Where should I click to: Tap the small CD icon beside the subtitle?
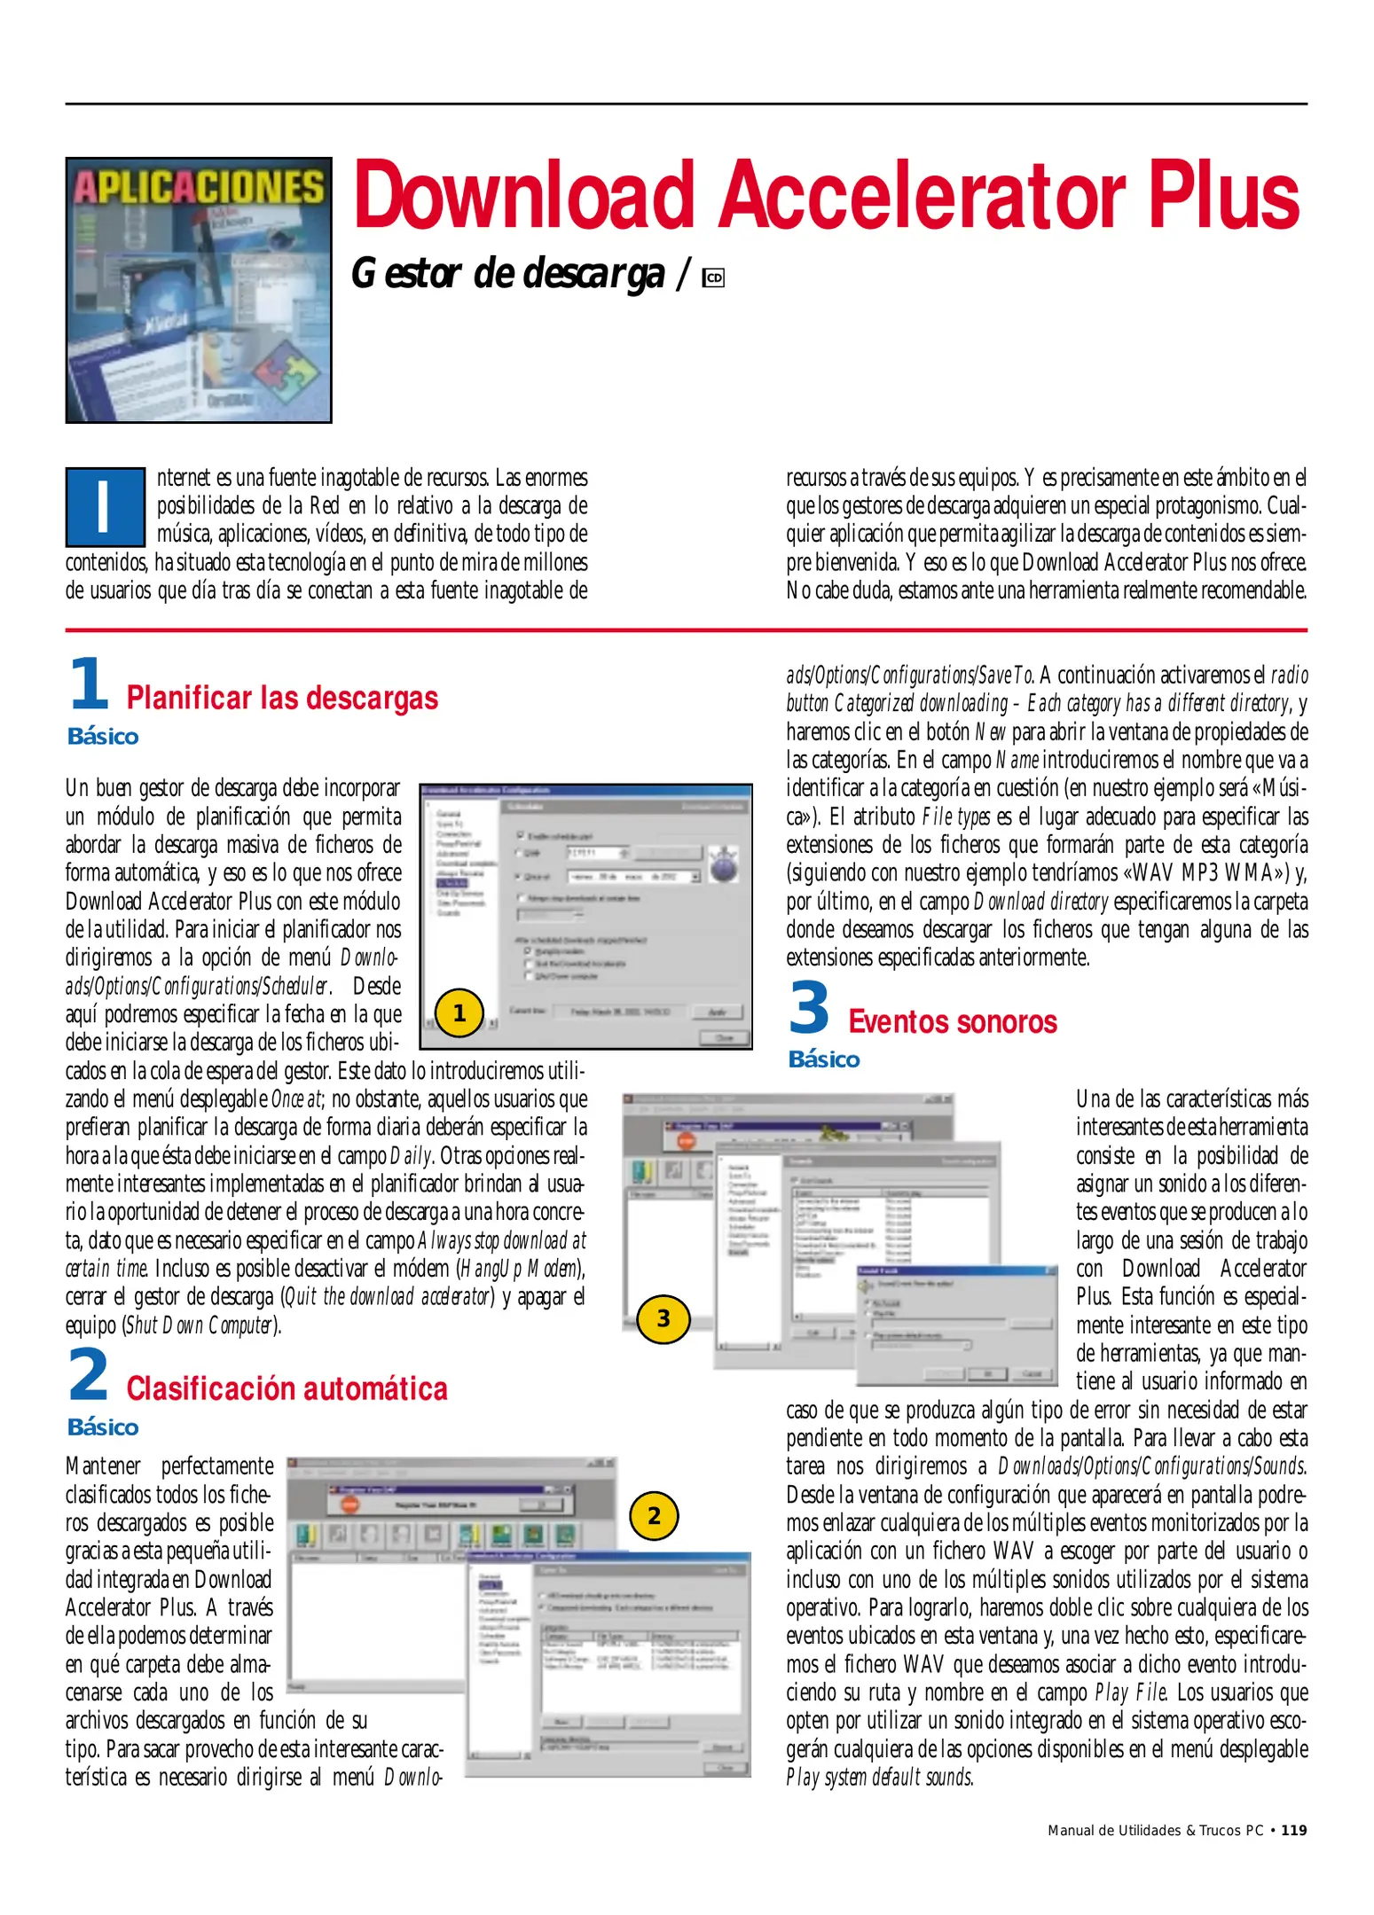point(713,278)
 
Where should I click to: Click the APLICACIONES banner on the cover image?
point(199,186)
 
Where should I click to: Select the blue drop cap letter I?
point(105,506)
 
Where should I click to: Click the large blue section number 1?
point(88,684)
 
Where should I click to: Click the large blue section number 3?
point(809,1008)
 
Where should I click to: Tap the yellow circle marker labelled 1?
point(459,1012)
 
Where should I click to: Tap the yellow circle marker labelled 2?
point(654,1515)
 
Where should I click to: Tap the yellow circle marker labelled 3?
point(663,1318)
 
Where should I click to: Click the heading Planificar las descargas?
point(282,699)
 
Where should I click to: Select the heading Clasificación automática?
point(287,1388)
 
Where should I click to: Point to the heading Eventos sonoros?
point(952,1022)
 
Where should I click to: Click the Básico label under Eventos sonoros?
point(824,1059)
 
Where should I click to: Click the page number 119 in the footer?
point(1294,1831)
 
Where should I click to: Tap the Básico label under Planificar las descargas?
point(103,737)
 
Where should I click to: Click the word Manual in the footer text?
point(1071,1831)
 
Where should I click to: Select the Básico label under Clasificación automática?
point(103,1427)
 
